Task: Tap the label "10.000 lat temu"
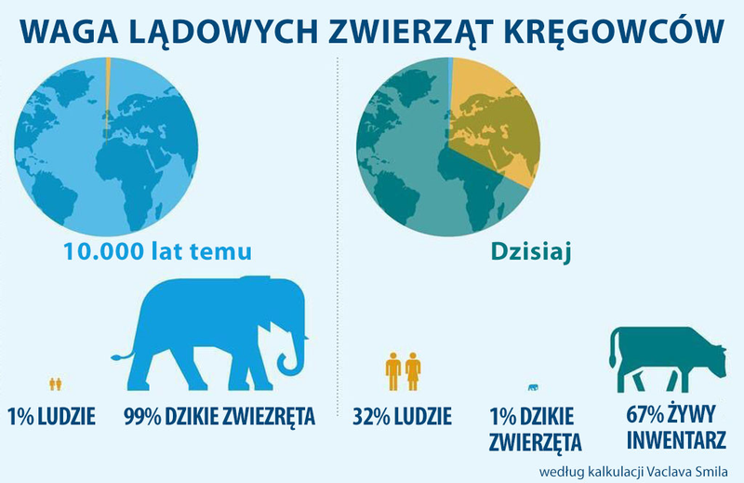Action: point(157,251)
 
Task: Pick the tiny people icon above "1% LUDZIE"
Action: point(56,382)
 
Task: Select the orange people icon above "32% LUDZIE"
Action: point(403,369)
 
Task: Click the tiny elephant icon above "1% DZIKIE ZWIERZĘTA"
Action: point(532,387)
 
